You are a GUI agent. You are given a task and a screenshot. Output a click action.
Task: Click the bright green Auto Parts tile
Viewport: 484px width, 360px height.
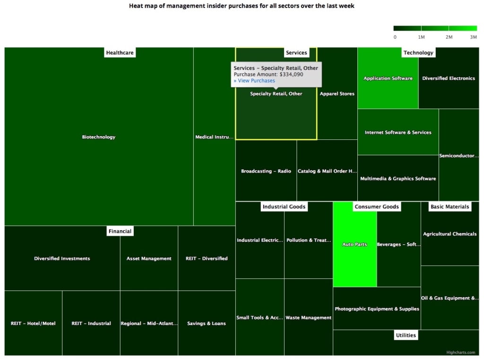(x=354, y=244)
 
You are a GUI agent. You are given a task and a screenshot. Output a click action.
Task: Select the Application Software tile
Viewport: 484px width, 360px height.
(x=388, y=78)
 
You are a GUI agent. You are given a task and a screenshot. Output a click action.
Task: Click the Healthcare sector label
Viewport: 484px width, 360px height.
(x=120, y=53)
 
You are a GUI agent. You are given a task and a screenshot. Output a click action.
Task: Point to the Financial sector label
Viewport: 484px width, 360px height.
(x=120, y=231)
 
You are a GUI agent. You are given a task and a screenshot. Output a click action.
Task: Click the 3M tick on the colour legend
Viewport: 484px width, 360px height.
(x=473, y=37)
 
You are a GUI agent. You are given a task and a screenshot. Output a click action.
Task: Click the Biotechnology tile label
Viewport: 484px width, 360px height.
(x=98, y=137)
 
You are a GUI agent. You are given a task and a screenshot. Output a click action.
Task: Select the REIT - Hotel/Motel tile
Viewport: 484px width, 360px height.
(x=33, y=324)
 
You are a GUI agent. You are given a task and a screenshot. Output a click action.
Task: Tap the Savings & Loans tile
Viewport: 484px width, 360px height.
(x=207, y=324)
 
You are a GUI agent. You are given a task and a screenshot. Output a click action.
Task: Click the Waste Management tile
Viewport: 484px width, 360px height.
(x=308, y=318)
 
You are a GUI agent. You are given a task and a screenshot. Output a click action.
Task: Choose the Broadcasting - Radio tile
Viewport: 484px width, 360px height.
(x=266, y=171)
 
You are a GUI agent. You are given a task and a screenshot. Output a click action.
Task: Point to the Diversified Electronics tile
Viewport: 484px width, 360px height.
(x=449, y=78)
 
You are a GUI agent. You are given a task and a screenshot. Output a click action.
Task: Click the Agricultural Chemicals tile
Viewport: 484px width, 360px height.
(x=450, y=234)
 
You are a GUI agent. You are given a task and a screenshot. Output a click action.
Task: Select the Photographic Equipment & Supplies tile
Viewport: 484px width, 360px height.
(x=377, y=309)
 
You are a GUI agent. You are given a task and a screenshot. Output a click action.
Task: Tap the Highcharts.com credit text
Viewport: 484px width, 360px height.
(x=464, y=351)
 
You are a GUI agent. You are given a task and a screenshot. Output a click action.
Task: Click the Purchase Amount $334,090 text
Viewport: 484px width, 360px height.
(x=268, y=75)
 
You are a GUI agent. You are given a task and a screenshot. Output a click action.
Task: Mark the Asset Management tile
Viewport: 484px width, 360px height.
(x=149, y=258)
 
